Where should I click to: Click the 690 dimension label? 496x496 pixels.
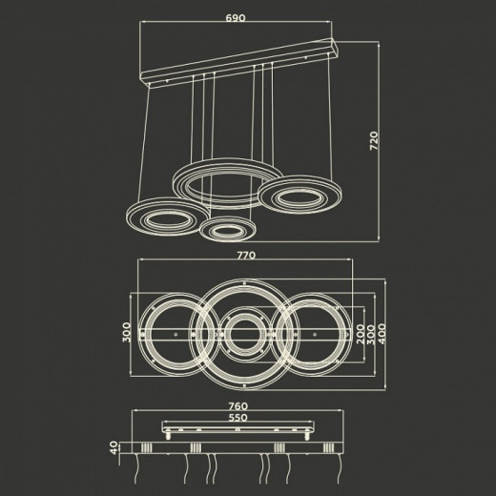coord(236,18)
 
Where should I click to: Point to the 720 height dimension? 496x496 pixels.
coord(374,141)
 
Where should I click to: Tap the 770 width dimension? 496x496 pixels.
coord(246,256)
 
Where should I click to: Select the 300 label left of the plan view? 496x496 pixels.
coord(127,332)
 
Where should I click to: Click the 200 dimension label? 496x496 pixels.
coord(361,334)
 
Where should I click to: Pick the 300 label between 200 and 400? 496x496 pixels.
coord(371,335)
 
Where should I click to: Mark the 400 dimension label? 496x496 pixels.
coord(382,334)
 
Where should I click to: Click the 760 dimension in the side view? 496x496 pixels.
coord(238,406)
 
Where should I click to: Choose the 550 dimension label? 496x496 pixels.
coord(238,417)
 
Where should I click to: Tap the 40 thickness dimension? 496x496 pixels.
coord(114,447)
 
